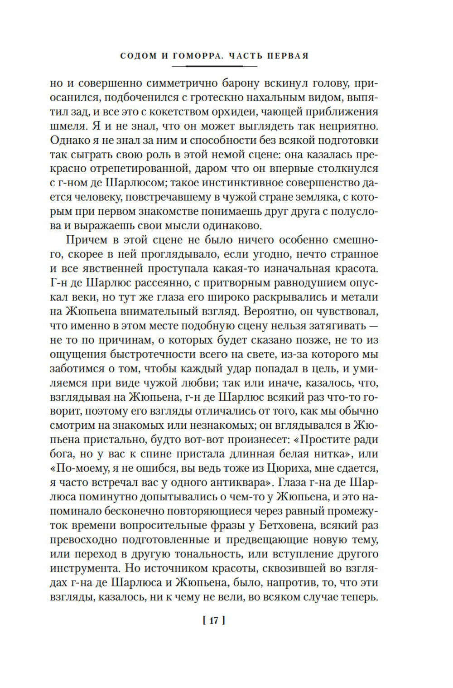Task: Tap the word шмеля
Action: [x=66, y=126]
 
